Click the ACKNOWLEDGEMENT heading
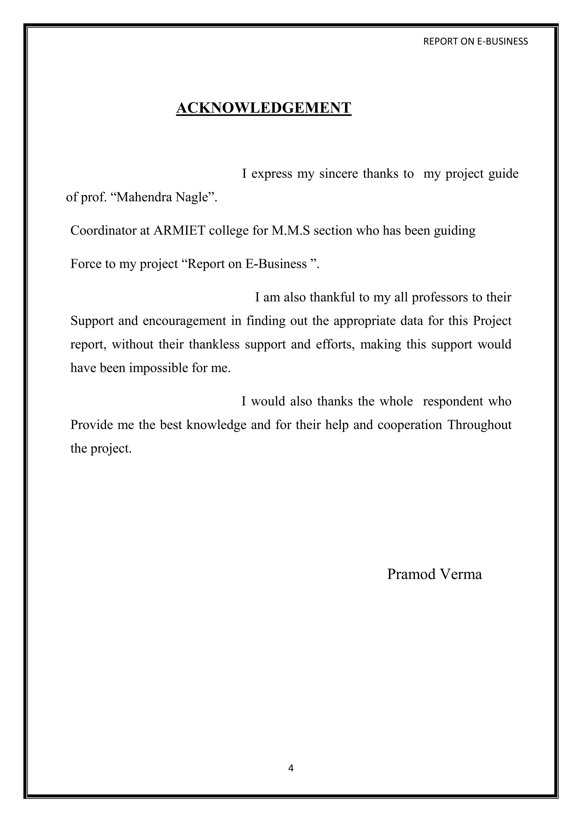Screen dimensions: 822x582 pyautogui.click(x=263, y=108)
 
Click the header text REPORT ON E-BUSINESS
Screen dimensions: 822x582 pyautogui.click(x=475, y=41)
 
